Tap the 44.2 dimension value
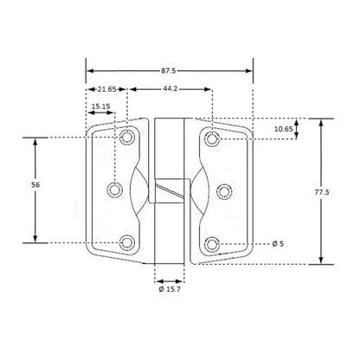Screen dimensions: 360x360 [170, 89]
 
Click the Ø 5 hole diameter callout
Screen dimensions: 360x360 [279, 245]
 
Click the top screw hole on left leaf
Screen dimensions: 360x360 [127, 138]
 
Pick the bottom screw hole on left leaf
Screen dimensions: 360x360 [127, 242]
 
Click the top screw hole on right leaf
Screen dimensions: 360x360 [211, 138]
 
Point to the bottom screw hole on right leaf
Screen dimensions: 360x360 [211, 242]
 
